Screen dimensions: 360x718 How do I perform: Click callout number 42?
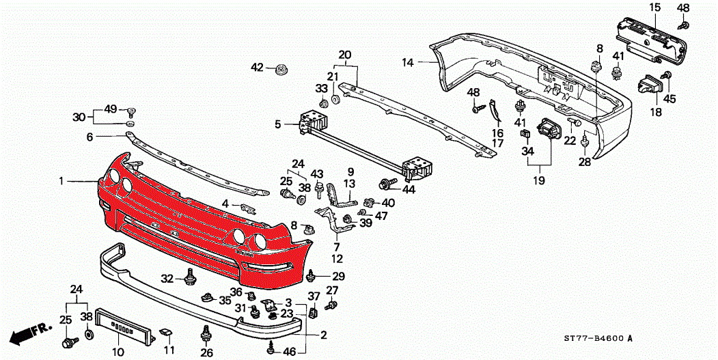coord(257,67)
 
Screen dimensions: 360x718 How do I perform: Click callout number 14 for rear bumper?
coord(408,63)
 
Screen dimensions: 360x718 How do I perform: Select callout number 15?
coord(654,8)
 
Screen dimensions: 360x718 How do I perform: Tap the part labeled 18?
coord(649,87)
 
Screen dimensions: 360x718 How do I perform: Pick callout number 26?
coord(206,353)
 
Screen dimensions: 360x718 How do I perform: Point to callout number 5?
coord(278,124)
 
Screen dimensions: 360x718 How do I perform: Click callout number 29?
coord(338,276)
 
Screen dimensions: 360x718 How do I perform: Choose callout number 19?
coord(540,181)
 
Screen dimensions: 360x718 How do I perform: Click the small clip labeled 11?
coord(166,334)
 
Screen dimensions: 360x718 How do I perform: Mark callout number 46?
coord(290,352)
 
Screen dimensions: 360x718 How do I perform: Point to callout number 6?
coord(89,137)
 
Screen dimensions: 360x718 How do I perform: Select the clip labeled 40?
coord(370,202)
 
